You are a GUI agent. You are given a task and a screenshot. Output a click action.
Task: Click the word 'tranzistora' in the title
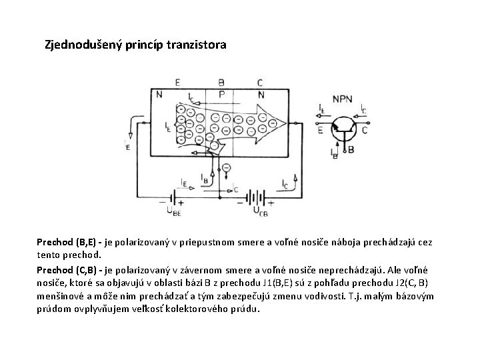click(198, 46)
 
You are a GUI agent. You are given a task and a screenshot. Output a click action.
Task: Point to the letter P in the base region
click(221, 94)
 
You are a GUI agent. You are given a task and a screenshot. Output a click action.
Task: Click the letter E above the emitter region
click(177, 83)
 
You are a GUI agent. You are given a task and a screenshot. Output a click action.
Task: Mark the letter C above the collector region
click(259, 83)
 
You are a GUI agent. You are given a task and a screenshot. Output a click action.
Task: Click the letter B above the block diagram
click(221, 83)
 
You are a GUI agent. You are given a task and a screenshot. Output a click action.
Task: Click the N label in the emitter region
click(159, 94)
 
